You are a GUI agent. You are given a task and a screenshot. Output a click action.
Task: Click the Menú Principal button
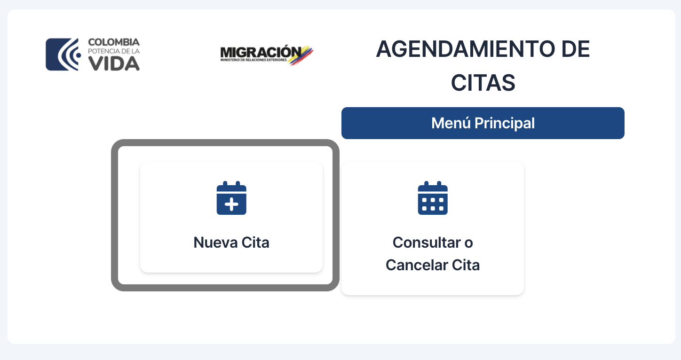coord(483,123)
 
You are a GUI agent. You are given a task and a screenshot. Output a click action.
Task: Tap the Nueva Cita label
coord(231,243)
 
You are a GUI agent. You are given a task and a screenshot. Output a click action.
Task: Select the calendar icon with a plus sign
coord(231,198)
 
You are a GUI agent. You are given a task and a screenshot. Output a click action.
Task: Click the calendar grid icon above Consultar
coord(433,198)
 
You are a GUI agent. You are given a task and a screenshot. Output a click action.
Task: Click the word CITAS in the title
coord(483,83)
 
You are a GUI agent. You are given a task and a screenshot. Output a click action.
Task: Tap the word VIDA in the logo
coord(114,64)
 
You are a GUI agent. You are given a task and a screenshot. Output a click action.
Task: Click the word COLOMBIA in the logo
coord(114,42)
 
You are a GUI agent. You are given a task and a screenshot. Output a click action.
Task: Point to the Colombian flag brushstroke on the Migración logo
coord(301,55)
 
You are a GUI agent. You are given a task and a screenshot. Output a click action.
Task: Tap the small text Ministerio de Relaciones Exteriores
coord(253,60)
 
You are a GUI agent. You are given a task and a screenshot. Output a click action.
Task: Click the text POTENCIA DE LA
coord(114,51)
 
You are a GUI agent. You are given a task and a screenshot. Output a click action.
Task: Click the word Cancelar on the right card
coord(417,265)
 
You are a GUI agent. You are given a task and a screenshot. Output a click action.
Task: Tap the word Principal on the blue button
coord(504,123)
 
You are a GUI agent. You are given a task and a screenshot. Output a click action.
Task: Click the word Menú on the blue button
coord(451,123)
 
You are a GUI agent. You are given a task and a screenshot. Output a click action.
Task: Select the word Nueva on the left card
coord(215,243)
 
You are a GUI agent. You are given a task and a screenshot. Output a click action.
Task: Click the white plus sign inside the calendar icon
coord(231,204)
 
